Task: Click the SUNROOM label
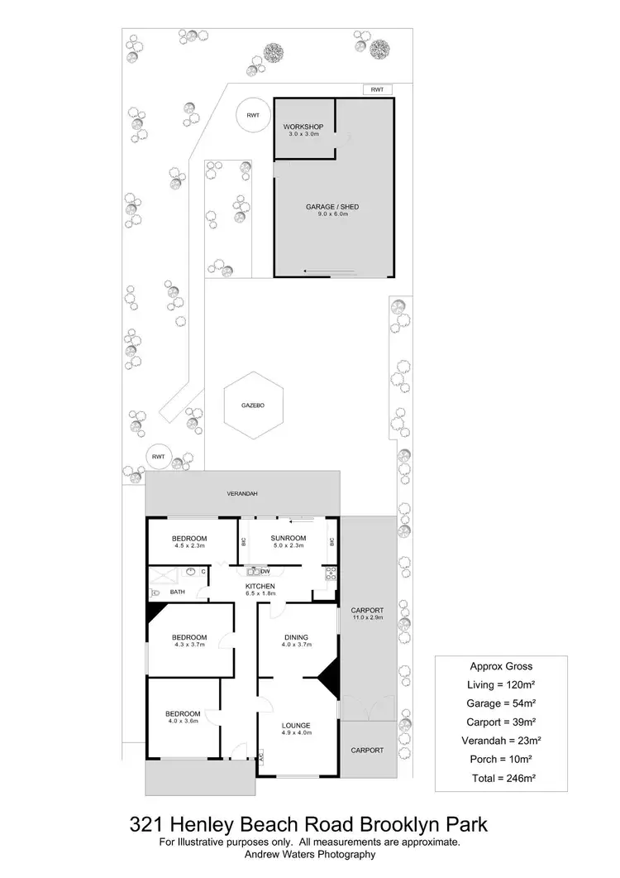coord(289,538)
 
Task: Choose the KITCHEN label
coord(260,586)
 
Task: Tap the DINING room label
coord(296,637)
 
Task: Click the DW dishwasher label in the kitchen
coord(265,572)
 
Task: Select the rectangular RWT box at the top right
coord(376,89)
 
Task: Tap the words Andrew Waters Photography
coord(309,855)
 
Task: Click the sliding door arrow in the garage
coord(330,271)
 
